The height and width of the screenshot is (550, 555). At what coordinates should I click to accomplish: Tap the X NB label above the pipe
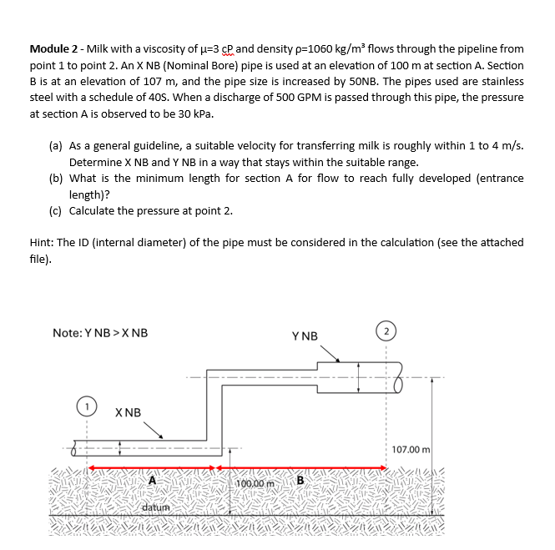coord(129,412)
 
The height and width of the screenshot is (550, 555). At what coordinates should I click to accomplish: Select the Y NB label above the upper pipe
coord(305,336)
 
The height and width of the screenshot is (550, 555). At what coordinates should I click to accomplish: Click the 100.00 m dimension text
coord(256,483)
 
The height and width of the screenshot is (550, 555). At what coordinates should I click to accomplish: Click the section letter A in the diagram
coord(153,480)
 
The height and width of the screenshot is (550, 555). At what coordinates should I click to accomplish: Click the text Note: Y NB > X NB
coord(100,332)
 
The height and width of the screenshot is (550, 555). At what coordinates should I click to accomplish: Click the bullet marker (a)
coord(56,145)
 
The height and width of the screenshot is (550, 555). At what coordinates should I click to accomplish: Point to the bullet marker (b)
coord(56,178)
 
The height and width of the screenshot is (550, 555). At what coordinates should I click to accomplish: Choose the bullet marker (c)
coord(56,210)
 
